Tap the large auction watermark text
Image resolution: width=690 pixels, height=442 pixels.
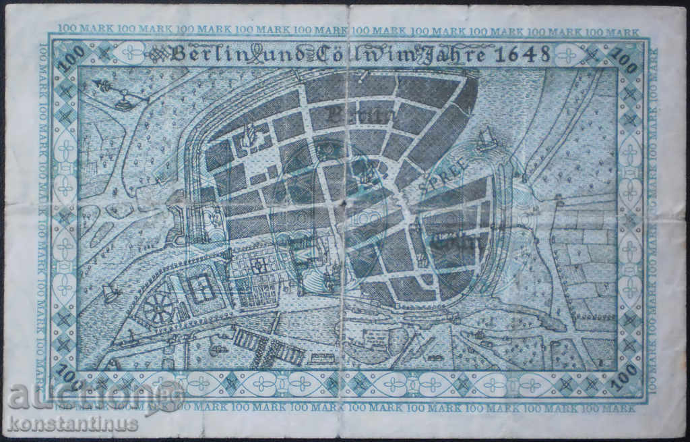[x=81, y=396]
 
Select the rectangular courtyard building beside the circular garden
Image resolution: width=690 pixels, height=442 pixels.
[x=200, y=289]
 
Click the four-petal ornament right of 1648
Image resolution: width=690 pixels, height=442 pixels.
[x=567, y=55]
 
